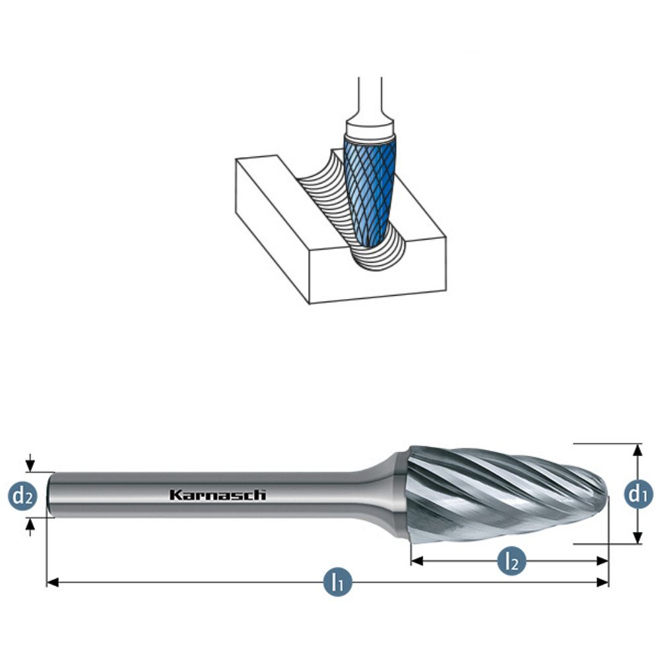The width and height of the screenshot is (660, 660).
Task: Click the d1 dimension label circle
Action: [636, 494]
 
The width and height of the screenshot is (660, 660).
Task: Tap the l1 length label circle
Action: [337, 582]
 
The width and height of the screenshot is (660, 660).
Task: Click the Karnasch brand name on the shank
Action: [217, 494]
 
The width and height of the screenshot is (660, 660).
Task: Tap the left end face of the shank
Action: [51, 494]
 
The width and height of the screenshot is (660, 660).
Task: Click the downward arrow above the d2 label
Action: [30, 466]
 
